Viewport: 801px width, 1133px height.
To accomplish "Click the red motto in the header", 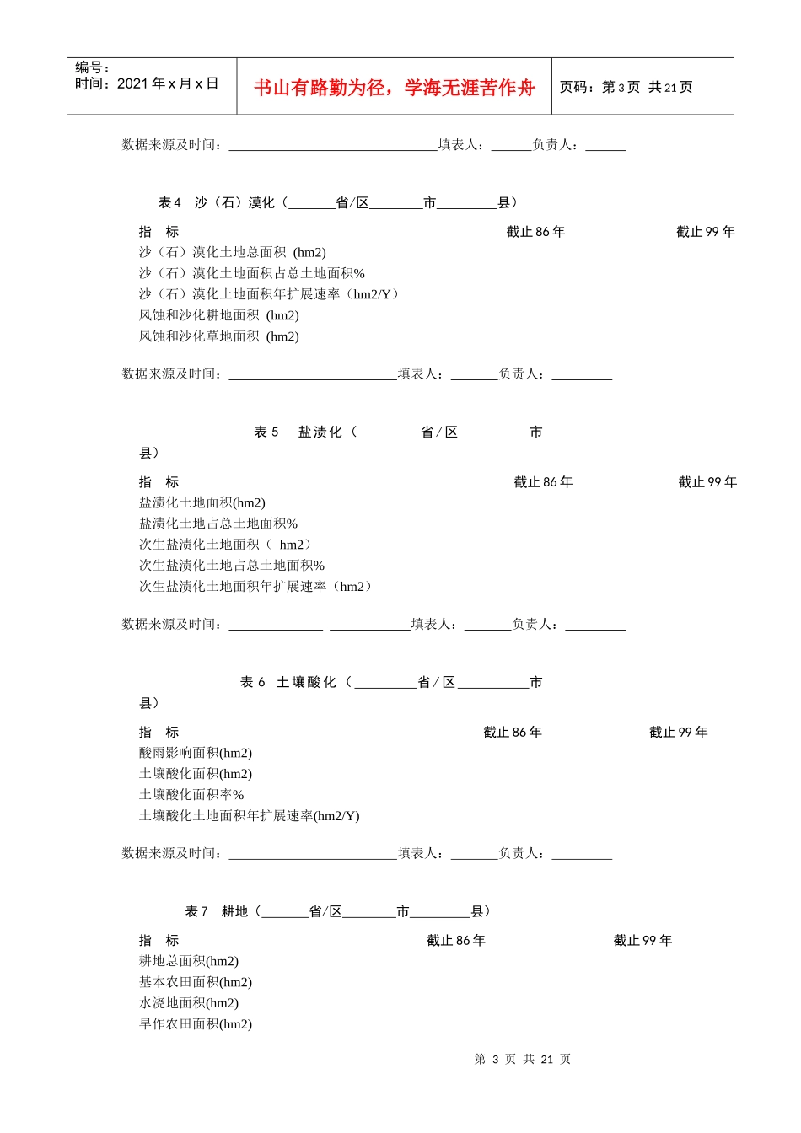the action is [x=395, y=88].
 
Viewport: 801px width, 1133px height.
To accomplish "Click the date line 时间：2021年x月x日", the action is [x=147, y=83].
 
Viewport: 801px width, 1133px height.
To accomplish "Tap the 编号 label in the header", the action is [x=92, y=67].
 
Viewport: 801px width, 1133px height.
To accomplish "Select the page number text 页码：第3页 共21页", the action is [x=626, y=88].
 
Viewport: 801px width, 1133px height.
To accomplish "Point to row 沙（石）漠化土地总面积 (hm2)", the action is [x=232, y=252].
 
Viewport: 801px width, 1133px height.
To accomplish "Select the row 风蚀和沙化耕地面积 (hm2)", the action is [x=218, y=315].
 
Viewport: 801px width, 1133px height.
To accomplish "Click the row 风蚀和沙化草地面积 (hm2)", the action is [x=218, y=336].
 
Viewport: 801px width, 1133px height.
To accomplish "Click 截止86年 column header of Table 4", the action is [x=535, y=232].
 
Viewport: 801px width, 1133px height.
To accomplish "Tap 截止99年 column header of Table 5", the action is [x=707, y=482].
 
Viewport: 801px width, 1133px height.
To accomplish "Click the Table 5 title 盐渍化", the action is [x=320, y=432].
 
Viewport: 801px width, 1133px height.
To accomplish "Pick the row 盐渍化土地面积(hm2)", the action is [x=202, y=502].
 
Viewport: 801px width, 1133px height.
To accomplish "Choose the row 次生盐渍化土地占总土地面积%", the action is [x=231, y=565].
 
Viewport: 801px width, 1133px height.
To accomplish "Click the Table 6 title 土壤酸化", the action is [x=306, y=682].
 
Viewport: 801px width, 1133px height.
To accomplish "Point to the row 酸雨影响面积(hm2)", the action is [x=195, y=753].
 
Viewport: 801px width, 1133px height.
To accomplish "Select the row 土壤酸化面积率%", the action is [x=191, y=794].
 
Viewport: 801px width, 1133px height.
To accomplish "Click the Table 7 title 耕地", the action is [x=234, y=911].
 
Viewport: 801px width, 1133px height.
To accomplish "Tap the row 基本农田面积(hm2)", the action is [x=195, y=982].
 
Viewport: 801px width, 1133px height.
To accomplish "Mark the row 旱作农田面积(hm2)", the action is [x=195, y=1023].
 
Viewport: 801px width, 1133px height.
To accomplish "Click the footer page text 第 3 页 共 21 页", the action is [x=522, y=1059].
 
